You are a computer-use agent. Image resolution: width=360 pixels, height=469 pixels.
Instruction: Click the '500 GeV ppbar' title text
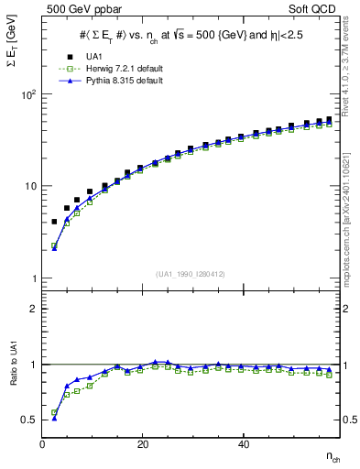pyautogui.click(x=77, y=9)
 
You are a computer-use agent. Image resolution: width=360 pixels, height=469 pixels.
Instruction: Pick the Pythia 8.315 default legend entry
pyautogui.click(x=105, y=81)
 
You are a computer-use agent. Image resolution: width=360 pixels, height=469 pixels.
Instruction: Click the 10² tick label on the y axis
pyautogui.click(x=28, y=94)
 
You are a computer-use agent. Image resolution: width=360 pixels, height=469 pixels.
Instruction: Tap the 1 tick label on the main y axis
pyautogui.click(x=33, y=278)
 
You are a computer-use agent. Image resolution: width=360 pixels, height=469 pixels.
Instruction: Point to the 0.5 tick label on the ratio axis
pyautogui.click(x=29, y=420)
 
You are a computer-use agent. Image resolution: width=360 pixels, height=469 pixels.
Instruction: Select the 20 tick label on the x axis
pyautogui.click(x=142, y=444)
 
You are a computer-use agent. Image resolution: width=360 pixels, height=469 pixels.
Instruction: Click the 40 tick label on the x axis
pyautogui.click(x=243, y=444)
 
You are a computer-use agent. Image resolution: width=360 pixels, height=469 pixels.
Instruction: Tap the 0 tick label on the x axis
pyautogui.click(x=43, y=444)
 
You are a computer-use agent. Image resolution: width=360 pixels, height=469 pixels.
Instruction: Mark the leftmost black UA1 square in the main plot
pyautogui.click(x=54, y=222)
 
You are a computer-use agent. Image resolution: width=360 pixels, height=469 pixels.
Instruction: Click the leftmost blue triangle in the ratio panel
pyautogui.click(x=54, y=417)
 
